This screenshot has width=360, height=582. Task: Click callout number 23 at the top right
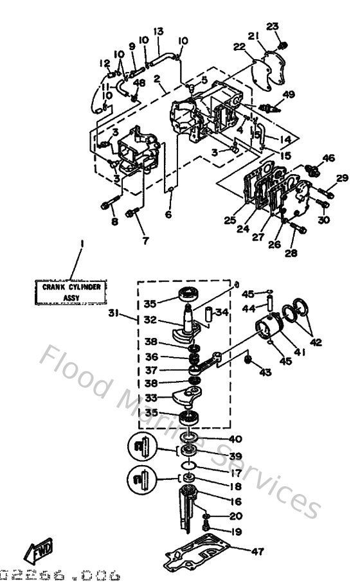click(x=273, y=26)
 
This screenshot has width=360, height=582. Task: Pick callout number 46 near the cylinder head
click(x=328, y=158)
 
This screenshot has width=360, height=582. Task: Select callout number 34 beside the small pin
click(x=222, y=313)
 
